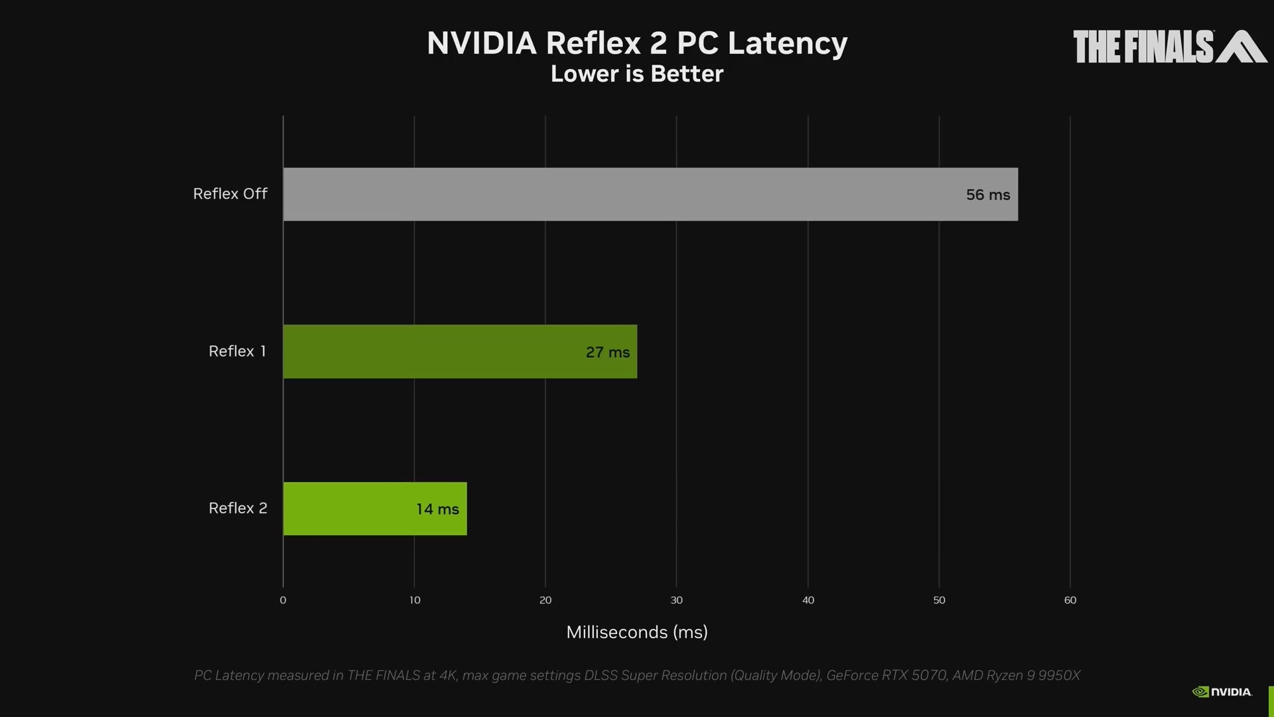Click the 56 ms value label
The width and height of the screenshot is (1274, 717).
(x=987, y=195)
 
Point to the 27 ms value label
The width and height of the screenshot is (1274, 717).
(x=607, y=352)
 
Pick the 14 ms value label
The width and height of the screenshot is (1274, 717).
(x=437, y=509)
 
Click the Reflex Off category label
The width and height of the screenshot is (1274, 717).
(x=230, y=194)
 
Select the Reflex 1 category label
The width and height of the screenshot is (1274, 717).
(x=237, y=351)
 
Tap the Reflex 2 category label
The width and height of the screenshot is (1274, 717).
(x=238, y=508)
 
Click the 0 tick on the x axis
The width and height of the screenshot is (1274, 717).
(x=283, y=600)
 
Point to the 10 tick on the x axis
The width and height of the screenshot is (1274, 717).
(x=415, y=600)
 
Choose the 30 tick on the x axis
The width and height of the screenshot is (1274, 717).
(x=676, y=600)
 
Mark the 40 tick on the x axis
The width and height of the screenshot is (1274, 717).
(x=808, y=600)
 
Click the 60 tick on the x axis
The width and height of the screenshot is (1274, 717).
(x=1070, y=600)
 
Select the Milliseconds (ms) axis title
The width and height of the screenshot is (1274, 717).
(x=636, y=632)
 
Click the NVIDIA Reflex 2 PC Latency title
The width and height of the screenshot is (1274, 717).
(x=636, y=43)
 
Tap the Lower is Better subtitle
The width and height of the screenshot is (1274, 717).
(x=636, y=74)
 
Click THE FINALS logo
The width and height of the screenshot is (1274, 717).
(x=1169, y=46)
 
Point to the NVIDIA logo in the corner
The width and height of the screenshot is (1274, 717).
(x=1222, y=692)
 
